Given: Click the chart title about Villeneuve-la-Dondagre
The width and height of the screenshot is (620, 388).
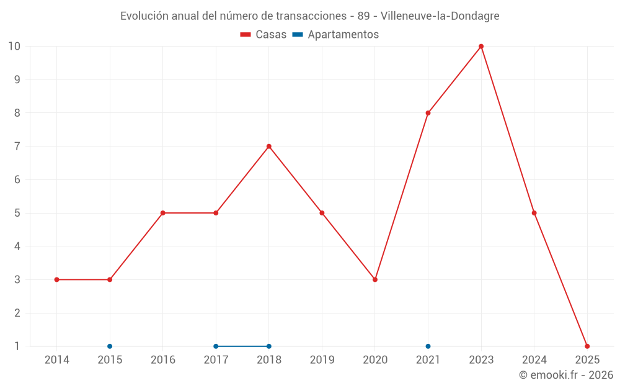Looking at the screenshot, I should pos(309,16).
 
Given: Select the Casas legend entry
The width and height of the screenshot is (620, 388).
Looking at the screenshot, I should pos(263,35).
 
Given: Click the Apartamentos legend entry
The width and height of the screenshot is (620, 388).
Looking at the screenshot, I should pos(335,35).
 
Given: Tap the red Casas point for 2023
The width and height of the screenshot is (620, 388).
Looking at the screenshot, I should pos(481,47).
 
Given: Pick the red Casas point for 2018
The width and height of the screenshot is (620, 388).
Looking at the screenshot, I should pos(269,147).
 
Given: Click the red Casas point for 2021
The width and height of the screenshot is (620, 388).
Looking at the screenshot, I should pos(428,113).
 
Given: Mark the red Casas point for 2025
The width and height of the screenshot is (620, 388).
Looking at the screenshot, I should pos(587,346).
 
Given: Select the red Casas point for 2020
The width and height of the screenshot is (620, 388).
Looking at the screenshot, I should pos(375,279).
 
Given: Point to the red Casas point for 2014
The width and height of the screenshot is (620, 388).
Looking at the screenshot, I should pos(57,279).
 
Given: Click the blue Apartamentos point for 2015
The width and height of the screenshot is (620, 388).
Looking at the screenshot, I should pos(110,346).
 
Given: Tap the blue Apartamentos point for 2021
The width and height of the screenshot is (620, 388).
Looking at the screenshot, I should pos(428,346).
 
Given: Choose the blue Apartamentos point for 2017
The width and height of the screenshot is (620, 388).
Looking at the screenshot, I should pos(216,346).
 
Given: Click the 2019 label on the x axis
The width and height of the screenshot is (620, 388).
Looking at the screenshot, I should pos(322,360).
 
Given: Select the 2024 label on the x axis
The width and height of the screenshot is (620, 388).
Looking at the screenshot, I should pos(534,360).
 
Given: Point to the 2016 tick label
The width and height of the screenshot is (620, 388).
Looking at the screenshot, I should pos(163,360).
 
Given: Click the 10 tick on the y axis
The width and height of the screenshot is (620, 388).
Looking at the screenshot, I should pos(14,47).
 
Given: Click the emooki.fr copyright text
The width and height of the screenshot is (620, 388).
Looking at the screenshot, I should pos(566,375).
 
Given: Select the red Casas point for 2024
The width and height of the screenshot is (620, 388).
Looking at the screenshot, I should pos(534,213).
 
